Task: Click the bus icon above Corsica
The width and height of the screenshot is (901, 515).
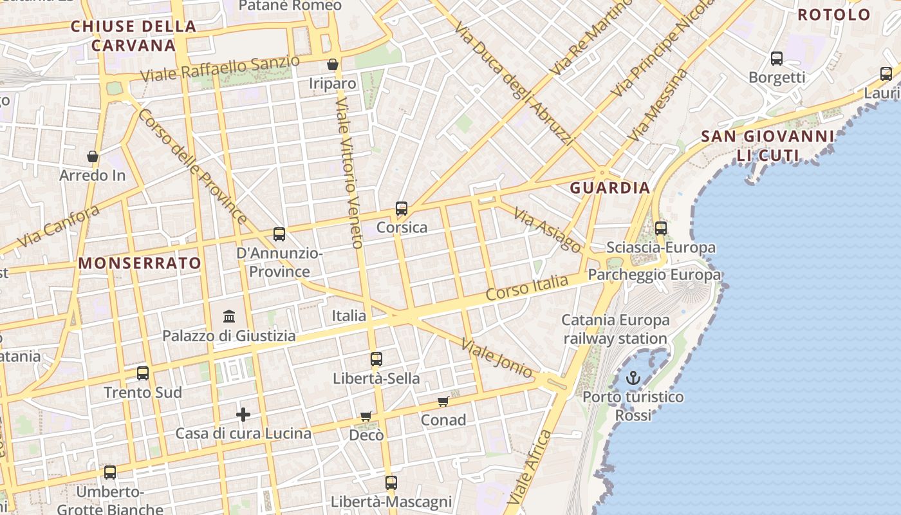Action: pos(402,209)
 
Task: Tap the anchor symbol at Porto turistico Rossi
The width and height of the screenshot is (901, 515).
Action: pos(634,378)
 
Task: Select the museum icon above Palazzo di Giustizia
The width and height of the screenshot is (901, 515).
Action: pos(229,316)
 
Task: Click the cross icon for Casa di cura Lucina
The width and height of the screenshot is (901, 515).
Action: pos(243,414)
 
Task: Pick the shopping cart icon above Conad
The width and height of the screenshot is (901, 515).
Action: pos(443,401)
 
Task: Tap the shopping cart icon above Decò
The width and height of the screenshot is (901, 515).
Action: pos(366,417)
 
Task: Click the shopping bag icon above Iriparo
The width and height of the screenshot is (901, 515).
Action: pos(333,64)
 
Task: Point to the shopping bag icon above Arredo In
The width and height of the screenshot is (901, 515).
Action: pos(93,156)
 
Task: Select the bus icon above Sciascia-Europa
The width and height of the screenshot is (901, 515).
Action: pos(661,228)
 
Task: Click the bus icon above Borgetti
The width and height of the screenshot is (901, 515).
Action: pos(777,59)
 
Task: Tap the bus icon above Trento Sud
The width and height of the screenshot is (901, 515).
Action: pos(143,373)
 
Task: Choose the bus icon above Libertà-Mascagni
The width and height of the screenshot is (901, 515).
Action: pos(391,482)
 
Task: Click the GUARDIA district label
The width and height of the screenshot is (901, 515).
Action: pos(610,188)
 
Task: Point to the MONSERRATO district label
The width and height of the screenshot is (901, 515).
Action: pos(140,263)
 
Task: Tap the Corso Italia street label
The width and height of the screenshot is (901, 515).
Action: pos(527,287)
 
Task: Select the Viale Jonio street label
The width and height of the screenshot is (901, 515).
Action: pos(497,357)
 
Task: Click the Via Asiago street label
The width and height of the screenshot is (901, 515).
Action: pos(548,230)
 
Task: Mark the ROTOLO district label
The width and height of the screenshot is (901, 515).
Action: pos(834,15)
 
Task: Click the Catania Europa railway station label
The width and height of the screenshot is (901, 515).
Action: pos(616,329)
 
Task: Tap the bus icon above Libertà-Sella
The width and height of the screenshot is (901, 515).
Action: pos(376,359)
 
